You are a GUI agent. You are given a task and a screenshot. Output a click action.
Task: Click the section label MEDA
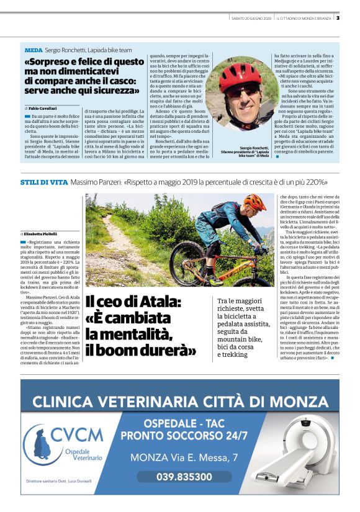(33, 49)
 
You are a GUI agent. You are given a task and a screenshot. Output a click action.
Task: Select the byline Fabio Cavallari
(46, 108)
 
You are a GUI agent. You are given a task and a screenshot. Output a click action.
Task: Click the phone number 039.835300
(184, 477)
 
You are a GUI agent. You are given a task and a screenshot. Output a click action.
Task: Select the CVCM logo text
(77, 434)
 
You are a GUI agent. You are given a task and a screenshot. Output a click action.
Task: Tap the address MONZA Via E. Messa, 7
(184, 458)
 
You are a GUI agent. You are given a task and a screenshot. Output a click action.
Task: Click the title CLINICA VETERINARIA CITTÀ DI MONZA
(180, 400)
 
